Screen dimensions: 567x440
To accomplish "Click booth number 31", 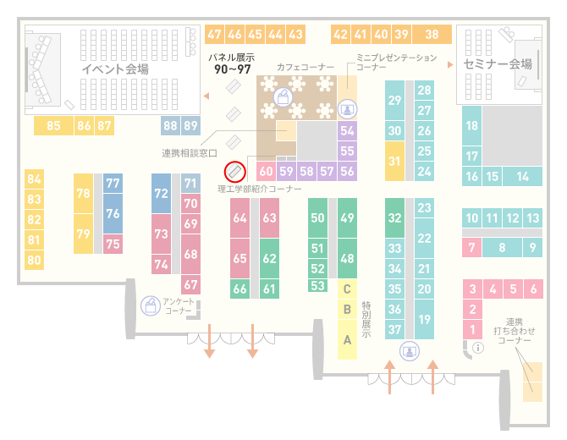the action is pos(394,161).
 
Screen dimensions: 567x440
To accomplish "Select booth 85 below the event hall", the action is pos(53,125).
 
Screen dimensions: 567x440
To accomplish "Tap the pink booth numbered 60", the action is pos(266,171).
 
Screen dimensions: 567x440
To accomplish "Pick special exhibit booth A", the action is pos(347,339).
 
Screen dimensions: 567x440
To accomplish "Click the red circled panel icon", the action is pos(235,172).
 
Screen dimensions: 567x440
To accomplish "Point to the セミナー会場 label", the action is pos(498,64).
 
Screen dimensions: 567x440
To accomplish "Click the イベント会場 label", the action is pos(115,69).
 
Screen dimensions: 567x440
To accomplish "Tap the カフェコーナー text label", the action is pos(306,67).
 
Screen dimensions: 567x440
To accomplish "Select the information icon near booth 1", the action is pos(478,348).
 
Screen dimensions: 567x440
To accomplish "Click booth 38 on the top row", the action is pos(432,35).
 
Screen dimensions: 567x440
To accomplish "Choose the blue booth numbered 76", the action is pos(113,213).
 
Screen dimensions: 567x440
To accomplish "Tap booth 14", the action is pos(522,177).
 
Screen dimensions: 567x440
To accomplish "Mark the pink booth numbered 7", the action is pos(471,247).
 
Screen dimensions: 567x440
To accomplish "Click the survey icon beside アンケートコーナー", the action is pos(151,305).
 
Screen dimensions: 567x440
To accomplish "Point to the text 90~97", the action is pos(233,69).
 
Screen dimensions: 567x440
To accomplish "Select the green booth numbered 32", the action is pos(394,217).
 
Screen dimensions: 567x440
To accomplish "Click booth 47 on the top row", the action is pos(214,35).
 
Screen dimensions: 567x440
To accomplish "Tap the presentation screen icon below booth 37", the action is pos(410,351).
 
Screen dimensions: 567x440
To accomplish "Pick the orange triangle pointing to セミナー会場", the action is pos(450,64).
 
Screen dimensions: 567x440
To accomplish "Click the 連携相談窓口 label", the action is pos(190,153).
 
